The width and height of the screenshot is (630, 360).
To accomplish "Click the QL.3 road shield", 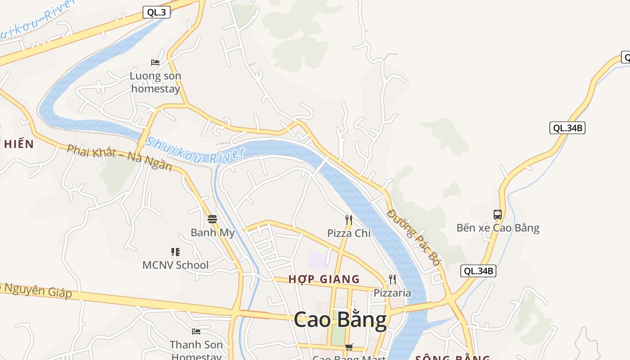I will tap(157, 13).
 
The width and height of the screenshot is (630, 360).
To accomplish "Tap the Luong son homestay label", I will tap(155, 82).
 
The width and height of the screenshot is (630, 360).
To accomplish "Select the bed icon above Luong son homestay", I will tap(155, 63).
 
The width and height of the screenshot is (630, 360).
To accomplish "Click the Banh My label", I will tap(212, 233).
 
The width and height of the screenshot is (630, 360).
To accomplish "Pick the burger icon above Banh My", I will tap(212, 219).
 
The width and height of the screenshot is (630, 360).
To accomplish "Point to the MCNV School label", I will tap(175, 265).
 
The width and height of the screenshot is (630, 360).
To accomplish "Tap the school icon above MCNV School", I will tap(175, 252).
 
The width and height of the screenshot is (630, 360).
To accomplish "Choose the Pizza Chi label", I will tap(349, 233).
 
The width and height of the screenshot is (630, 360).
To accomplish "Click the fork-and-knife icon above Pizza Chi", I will tap(349, 220).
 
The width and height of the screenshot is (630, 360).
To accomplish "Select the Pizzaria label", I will tap(392, 293).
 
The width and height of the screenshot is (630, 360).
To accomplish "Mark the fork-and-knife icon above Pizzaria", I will tap(392, 279).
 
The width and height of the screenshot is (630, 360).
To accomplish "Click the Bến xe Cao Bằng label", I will tap(498, 228).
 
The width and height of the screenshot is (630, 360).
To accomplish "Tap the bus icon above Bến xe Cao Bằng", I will tap(498, 215).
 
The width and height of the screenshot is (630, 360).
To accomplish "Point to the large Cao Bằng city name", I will tap(340, 320).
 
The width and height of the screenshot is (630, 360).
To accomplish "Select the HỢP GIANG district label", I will tap(324, 279).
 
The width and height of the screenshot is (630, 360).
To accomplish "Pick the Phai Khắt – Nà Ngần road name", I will tap(119, 157).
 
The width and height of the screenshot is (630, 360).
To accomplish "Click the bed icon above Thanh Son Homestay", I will tap(196, 332).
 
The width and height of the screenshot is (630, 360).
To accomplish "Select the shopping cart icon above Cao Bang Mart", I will tap(349, 347).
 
